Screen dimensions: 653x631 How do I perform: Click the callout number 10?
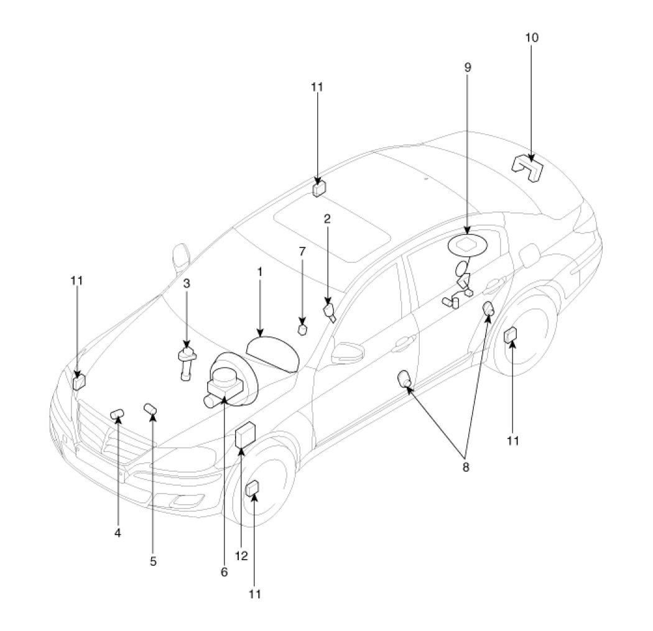531,38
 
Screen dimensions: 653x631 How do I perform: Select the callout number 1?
260,272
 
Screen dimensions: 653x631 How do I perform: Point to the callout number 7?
302,252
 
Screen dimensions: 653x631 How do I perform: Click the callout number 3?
186,283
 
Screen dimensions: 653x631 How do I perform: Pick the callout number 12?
241,556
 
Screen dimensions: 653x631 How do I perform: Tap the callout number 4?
118,532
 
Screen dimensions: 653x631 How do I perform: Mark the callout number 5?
153,561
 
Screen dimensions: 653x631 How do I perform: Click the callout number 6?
225,571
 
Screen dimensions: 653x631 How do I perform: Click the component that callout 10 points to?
527,167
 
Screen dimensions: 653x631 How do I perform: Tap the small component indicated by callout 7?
303,328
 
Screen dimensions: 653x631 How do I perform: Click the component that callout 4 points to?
116,414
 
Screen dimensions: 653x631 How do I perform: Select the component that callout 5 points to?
150,408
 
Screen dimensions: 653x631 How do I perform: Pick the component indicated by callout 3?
187,361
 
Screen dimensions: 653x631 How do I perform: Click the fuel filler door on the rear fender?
528,255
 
